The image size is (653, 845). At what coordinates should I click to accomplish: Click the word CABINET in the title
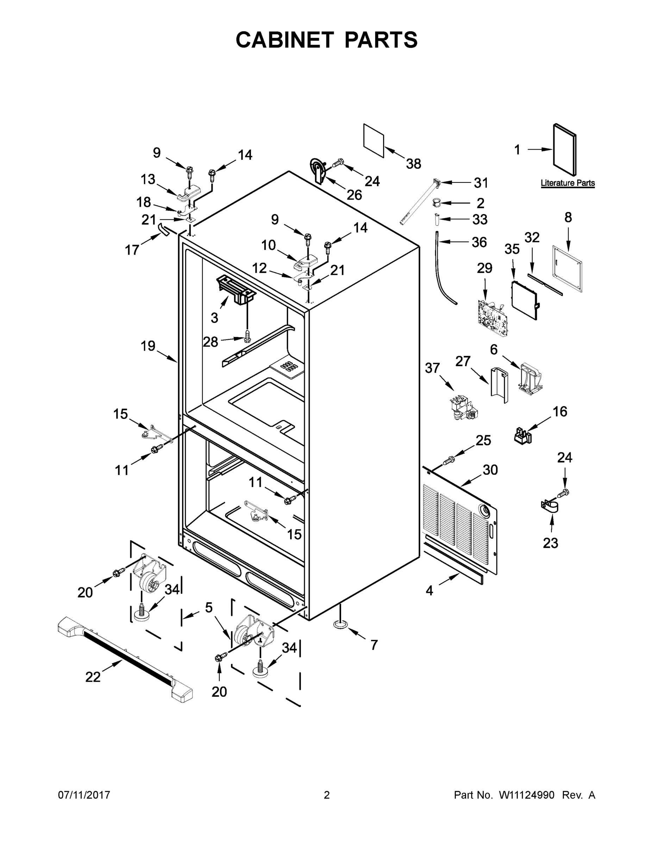(x=285, y=40)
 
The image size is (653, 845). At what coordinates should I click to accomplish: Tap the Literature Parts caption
(x=567, y=183)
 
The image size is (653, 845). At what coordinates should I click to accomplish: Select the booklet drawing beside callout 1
(x=565, y=150)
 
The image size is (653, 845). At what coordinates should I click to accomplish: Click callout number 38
(x=413, y=164)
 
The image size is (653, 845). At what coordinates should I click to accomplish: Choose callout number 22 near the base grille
(x=93, y=677)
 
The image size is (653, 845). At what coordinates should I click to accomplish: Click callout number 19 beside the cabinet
(x=148, y=346)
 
